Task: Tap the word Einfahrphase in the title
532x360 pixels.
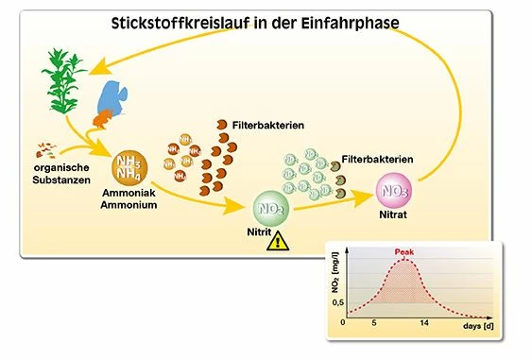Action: click(364, 21)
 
